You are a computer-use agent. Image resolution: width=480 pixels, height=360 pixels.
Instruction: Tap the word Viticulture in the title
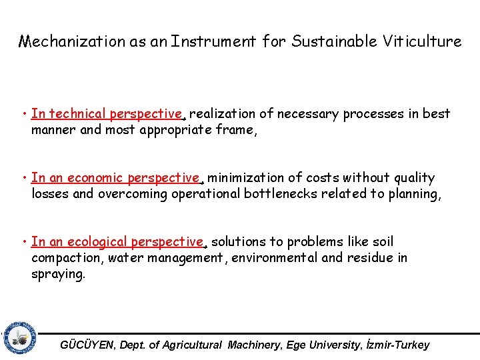point(422,42)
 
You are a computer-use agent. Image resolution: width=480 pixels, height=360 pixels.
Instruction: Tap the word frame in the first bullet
point(236,130)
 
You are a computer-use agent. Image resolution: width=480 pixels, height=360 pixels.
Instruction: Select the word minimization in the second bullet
point(246,178)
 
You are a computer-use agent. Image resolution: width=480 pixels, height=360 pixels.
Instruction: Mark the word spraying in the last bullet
point(57,274)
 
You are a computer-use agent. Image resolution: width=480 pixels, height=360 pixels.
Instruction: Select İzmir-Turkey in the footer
point(397,345)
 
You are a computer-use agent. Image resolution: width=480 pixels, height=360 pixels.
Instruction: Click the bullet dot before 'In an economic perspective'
point(24,178)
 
